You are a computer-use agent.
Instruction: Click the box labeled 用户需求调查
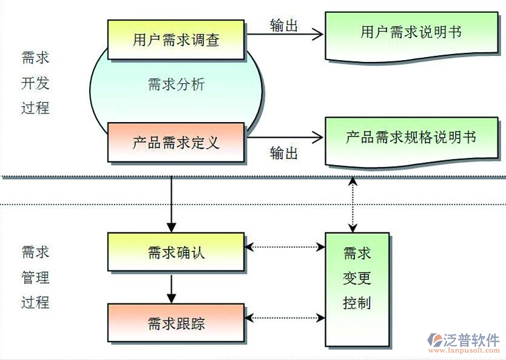176,40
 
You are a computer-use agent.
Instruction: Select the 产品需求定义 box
176,143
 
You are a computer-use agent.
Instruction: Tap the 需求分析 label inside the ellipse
176,84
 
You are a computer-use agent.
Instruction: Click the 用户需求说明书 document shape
411,33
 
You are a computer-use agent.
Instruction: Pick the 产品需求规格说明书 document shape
411,138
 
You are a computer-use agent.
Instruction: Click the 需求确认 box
176,251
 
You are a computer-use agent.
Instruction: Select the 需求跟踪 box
176,322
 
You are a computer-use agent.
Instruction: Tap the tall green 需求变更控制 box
357,289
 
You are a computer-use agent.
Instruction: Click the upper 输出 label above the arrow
284,25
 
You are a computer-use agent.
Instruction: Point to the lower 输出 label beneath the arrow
284,153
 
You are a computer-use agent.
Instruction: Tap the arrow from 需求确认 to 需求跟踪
172,288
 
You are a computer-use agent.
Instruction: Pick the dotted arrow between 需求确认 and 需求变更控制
285,247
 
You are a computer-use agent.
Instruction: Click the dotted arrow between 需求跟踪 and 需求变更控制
285,318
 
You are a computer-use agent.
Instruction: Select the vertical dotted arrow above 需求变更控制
352,204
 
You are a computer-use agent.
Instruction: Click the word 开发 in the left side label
35,83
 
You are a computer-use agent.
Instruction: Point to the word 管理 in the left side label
35,278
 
